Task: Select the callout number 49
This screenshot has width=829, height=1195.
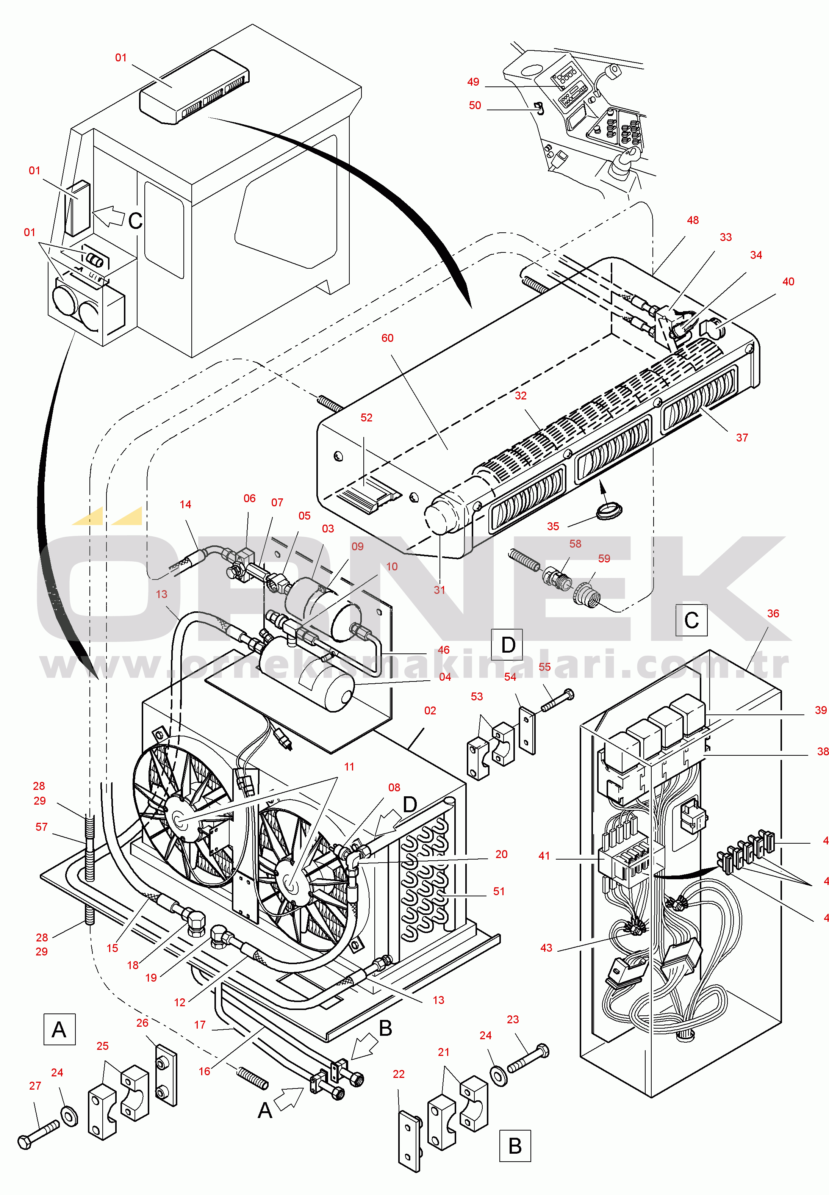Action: pos(473,82)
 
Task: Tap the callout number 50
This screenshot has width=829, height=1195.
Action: pos(475,105)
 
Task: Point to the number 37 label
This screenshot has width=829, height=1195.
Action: pos(742,438)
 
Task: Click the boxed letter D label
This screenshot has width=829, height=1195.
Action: pos(507,645)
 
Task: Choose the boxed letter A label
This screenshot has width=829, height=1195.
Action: pos(59,1029)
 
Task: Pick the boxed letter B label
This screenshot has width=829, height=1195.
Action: pos(515,1146)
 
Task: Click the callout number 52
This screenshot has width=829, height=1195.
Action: pos(366,418)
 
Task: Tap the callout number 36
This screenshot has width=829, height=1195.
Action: pos(773,614)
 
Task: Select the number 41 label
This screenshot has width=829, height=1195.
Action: pos(544,856)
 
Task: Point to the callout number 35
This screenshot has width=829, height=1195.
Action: pos(553,526)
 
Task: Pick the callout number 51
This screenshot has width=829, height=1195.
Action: pos(499,891)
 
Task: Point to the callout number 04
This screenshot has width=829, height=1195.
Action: pos(445,677)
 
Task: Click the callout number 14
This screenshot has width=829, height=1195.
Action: pos(185,504)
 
